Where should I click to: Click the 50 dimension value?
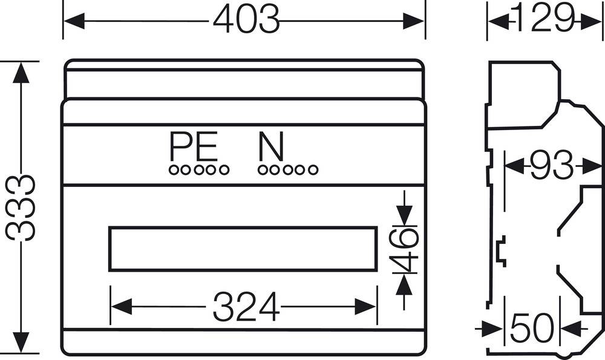[532, 329]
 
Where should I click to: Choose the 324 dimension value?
[246, 306]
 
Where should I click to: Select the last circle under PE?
[224, 170]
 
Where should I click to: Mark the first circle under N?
[262, 170]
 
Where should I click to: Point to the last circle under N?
[312, 170]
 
